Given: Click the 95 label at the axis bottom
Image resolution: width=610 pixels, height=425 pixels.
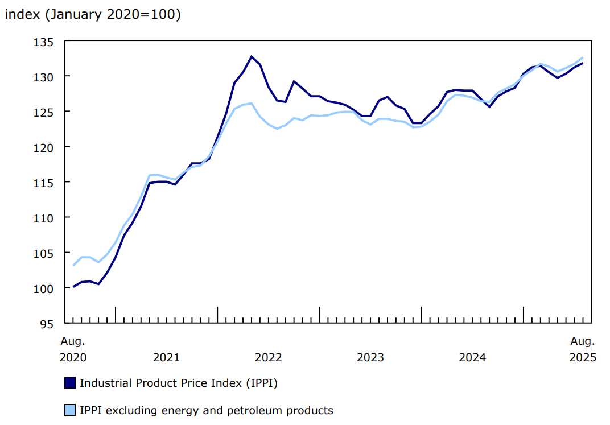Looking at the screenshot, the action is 47,324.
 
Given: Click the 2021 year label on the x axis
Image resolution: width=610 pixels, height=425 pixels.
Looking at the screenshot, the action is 166,357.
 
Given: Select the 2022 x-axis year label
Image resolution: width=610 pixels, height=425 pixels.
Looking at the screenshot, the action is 268,357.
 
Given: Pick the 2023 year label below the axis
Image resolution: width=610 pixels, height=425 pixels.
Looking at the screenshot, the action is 370,357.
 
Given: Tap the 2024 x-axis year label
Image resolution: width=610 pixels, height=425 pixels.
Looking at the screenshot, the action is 472,357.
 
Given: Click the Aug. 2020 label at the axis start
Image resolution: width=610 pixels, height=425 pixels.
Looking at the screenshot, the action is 73,349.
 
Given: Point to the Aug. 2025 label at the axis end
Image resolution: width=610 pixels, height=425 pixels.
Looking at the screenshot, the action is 583,349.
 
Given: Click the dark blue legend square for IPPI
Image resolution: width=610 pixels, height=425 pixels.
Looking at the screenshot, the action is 69,383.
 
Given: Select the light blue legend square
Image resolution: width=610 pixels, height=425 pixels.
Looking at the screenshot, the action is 69,410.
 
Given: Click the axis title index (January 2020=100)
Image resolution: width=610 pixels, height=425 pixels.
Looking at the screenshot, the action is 93,15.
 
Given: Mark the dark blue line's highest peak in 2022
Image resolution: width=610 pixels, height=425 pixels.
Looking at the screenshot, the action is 252,56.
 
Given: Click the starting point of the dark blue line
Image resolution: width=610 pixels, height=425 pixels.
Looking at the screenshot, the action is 73,287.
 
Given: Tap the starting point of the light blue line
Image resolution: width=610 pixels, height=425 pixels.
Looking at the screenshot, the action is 73,265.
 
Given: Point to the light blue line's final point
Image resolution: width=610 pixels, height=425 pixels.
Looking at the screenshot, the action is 583,57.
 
